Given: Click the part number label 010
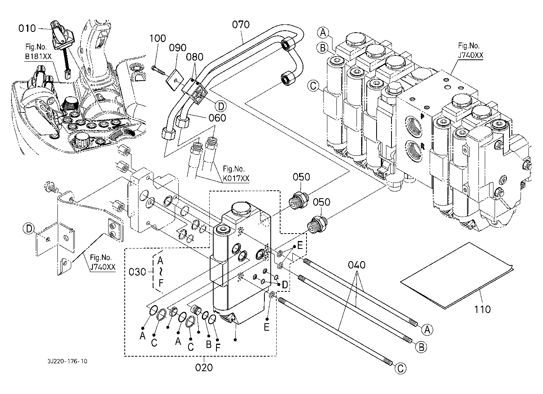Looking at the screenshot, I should pyautogui.click(x=27, y=28).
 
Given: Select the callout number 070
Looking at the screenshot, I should pyautogui.click(x=241, y=25).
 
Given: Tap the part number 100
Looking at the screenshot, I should pyautogui.click(x=158, y=39).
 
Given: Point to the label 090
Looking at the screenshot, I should pyautogui.click(x=177, y=48).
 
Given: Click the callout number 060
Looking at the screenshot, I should pyautogui.click(x=217, y=118).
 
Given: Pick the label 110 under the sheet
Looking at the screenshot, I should pyautogui.click(x=483, y=309).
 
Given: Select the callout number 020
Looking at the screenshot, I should pyautogui.click(x=204, y=367).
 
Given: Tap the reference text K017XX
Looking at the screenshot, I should pyautogui.click(x=236, y=179).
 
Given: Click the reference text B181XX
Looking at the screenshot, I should pyautogui.click(x=38, y=57).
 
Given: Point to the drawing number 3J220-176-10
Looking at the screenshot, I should pyautogui.click(x=66, y=361).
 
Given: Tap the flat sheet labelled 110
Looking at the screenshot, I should pyautogui.click(x=456, y=275).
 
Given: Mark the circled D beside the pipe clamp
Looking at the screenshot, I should pyautogui.click(x=221, y=106).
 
